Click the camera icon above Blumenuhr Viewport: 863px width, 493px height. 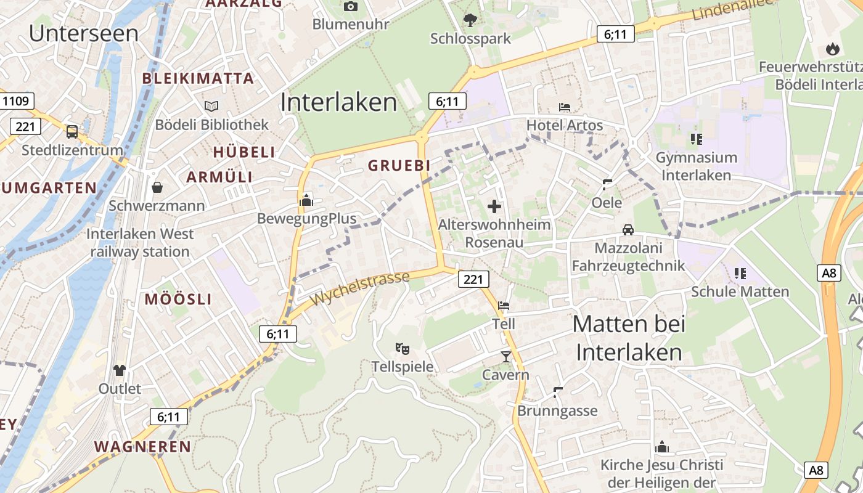coord(351,7)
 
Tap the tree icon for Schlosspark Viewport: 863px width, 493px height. coord(470,20)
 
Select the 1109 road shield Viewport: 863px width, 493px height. coord(17,101)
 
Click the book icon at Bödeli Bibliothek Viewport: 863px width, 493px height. coord(211,107)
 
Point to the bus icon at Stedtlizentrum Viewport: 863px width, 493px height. coord(72,131)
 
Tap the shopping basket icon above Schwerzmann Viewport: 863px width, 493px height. coord(157,187)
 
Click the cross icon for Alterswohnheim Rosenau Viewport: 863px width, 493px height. coord(494,206)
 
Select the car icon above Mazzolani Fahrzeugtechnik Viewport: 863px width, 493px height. coord(628,230)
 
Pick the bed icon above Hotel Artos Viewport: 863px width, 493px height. coord(564,107)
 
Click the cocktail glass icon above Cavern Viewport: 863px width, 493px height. coord(505,356)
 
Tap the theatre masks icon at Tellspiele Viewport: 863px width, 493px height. coord(403,349)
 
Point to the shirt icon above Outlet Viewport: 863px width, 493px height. coord(119,370)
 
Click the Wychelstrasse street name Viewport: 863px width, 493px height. coord(360,288)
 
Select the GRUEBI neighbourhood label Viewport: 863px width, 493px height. coord(399,166)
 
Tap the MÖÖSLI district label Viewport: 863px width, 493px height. coord(178,300)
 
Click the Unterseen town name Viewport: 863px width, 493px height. coord(84,33)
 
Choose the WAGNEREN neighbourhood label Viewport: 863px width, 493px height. coord(142,447)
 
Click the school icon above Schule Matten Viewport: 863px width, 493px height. coord(740,273)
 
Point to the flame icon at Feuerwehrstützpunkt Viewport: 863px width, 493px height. coord(832,49)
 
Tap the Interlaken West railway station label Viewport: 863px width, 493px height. coord(140,243)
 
